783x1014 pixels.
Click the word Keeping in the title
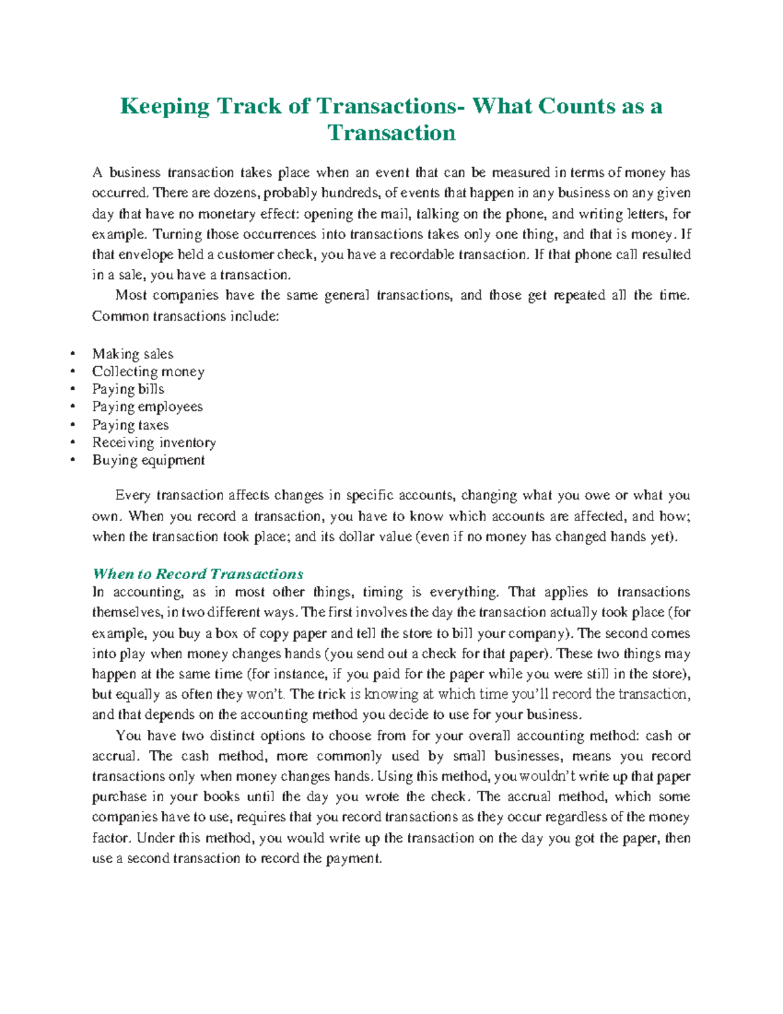pyautogui.click(x=164, y=106)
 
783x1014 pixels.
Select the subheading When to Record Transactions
pyautogui.click(x=198, y=574)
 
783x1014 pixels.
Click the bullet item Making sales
pyautogui.click(x=132, y=354)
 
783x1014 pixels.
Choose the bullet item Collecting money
pyautogui.click(x=148, y=372)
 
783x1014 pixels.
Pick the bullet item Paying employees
pyautogui.click(x=147, y=407)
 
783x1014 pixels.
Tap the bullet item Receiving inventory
pyautogui.click(x=153, y=443)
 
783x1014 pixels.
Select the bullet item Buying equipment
pyautogui.click(x=148, y=460)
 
